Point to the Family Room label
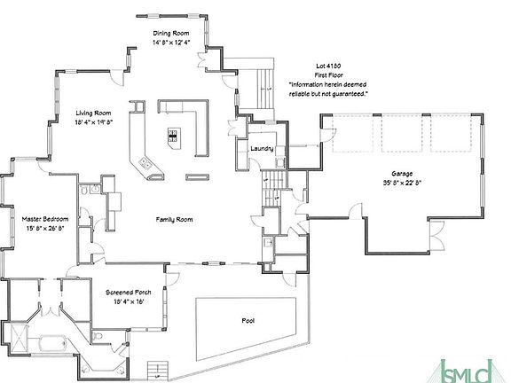click(174, 219)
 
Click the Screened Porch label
click(128, 293)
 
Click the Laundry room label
click(262, 149)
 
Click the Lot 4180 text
click(328, 66)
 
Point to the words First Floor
click(328, 75)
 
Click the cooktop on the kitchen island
click(173, 136)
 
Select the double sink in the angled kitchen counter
click(145, 163)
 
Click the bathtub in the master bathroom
click(53, 344)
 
